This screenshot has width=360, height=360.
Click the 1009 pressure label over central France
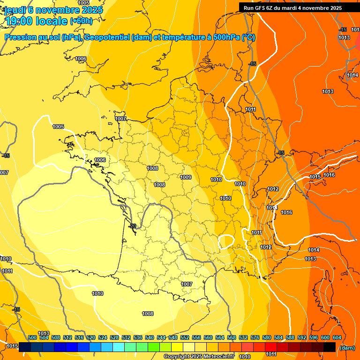[x=186, y=177]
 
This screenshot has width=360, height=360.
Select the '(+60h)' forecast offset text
[x=81, y=21]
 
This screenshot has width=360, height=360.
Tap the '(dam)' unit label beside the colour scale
[x=346, y=347]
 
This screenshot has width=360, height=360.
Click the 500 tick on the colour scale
[x=32, y=337]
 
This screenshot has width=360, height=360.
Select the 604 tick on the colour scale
[x=337, y=337]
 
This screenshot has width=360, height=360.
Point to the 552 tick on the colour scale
[x=185, y=337]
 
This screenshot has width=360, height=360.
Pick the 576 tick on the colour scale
[x=255, y=337]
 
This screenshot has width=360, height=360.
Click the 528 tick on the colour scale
[x=114, y=337]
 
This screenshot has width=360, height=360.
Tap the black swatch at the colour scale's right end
[x=330, y=347]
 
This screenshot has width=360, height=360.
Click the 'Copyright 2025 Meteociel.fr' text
[x=199, y=357]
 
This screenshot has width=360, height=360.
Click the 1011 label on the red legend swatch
[x=271, y=354]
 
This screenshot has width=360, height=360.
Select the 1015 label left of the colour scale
[x=12, y=346]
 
